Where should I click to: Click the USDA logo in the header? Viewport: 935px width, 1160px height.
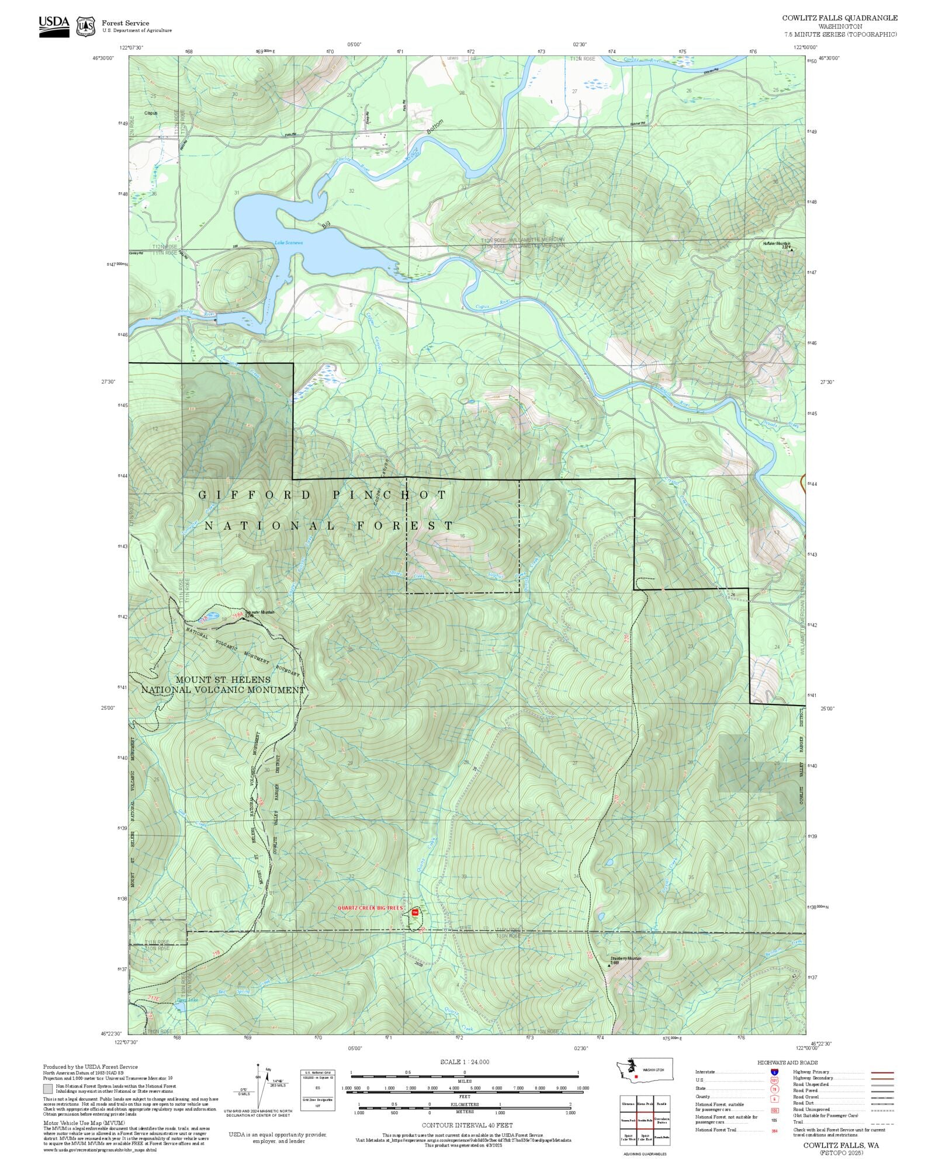[x=54, y=26]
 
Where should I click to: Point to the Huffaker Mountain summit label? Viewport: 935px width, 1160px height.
[x=776, y=244]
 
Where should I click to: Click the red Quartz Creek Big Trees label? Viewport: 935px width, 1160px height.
[x=370, y=908]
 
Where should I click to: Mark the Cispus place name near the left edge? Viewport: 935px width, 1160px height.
[x=151, y=113]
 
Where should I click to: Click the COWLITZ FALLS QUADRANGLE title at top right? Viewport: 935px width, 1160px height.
[x=840, y=18]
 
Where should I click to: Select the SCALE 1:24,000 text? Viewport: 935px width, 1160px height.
[x=465, y=1062]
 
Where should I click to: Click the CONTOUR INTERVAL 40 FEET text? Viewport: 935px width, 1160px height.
[x=467, y=1125]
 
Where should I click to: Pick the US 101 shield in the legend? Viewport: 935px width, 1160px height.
[x=774, y=1081]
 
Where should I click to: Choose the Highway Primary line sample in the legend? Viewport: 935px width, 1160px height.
[x=882, y=1072]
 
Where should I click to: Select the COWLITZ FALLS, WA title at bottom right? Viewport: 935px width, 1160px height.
[x=840, y=1145]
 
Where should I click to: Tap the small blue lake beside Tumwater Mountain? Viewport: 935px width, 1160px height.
[x=212, y=616]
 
